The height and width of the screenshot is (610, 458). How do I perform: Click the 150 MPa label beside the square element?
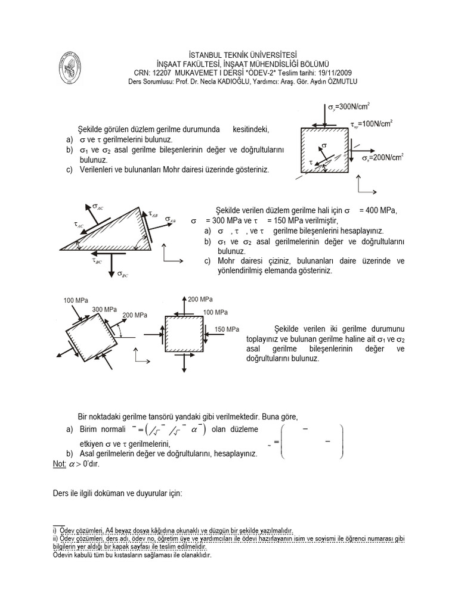227,329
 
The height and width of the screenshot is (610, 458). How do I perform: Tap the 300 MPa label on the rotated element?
104,310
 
